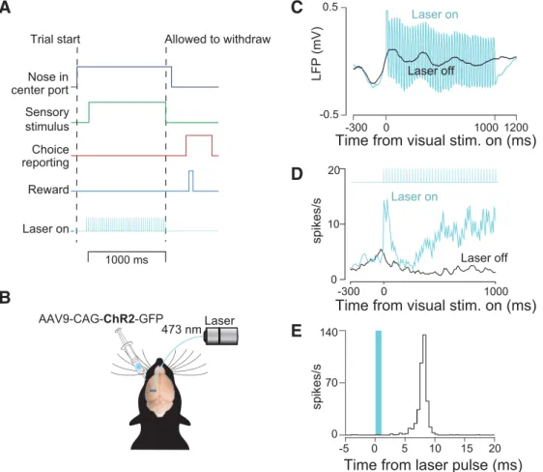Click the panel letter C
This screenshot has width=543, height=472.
coord(297,8)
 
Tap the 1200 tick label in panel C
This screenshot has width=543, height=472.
coord(516,127)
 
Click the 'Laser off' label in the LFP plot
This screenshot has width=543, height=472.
coord(431,71)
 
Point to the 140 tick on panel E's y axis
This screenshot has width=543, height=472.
coord(329,332)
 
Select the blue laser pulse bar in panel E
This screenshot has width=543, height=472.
coord(379,383)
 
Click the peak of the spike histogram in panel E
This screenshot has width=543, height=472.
coord(424,335)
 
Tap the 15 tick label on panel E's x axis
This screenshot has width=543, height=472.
coord(467,449)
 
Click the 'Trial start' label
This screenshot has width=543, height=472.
coord(55,39)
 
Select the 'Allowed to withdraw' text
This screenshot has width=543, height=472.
coord(217,39)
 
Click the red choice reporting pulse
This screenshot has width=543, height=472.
coord(199,135)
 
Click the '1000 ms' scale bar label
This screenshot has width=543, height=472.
coord(127,260)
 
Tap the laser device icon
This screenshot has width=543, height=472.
coord(221,336)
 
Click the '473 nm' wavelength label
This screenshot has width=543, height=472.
coord(181,329)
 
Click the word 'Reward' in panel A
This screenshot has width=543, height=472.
coord(48,190)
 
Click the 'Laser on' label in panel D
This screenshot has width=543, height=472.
coord(414,197)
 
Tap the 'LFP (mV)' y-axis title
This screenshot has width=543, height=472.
coord(317,53)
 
